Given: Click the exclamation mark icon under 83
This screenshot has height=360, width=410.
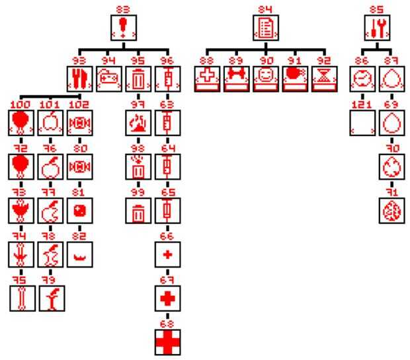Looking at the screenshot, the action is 123,27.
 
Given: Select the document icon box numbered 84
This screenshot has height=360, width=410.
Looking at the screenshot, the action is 266,27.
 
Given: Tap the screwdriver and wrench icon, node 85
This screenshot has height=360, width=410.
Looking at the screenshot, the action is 377,27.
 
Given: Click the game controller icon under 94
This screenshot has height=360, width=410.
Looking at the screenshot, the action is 106,78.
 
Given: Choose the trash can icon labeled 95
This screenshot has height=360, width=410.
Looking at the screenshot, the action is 138,78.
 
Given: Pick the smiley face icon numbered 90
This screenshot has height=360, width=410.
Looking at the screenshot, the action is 266,78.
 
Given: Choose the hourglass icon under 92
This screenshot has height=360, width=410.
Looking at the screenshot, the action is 324,78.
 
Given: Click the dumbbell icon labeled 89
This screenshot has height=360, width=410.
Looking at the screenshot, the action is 237,78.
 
